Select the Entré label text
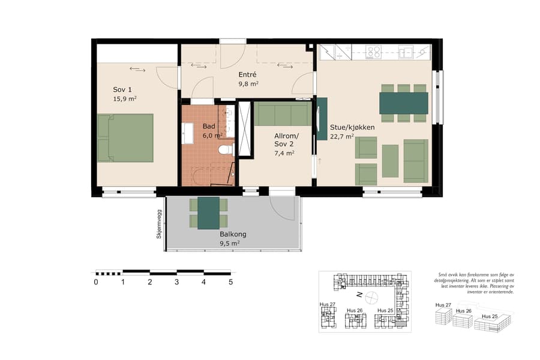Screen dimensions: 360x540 [247, 74]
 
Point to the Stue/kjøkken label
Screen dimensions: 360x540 [352, 127]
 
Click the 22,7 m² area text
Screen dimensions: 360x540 [341, 136]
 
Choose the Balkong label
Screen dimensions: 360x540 [233, 235]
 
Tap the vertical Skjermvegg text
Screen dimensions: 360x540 [159, 224]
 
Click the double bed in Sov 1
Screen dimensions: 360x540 [126, 138]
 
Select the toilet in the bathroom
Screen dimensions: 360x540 [226, 149]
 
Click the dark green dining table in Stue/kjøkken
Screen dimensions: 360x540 [404, 103]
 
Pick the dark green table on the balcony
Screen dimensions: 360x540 [209, 212]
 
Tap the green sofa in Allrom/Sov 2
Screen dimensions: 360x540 [282, 113]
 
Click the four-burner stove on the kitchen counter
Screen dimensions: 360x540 [374, 52]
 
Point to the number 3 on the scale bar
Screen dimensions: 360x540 [177, 282]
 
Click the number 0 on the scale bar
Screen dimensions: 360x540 [96, 282]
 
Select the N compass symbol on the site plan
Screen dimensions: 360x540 [358, 295]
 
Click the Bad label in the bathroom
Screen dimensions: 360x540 [208, 127]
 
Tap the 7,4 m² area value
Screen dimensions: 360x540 [284, 153]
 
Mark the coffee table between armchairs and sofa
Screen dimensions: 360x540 [390, 161]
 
